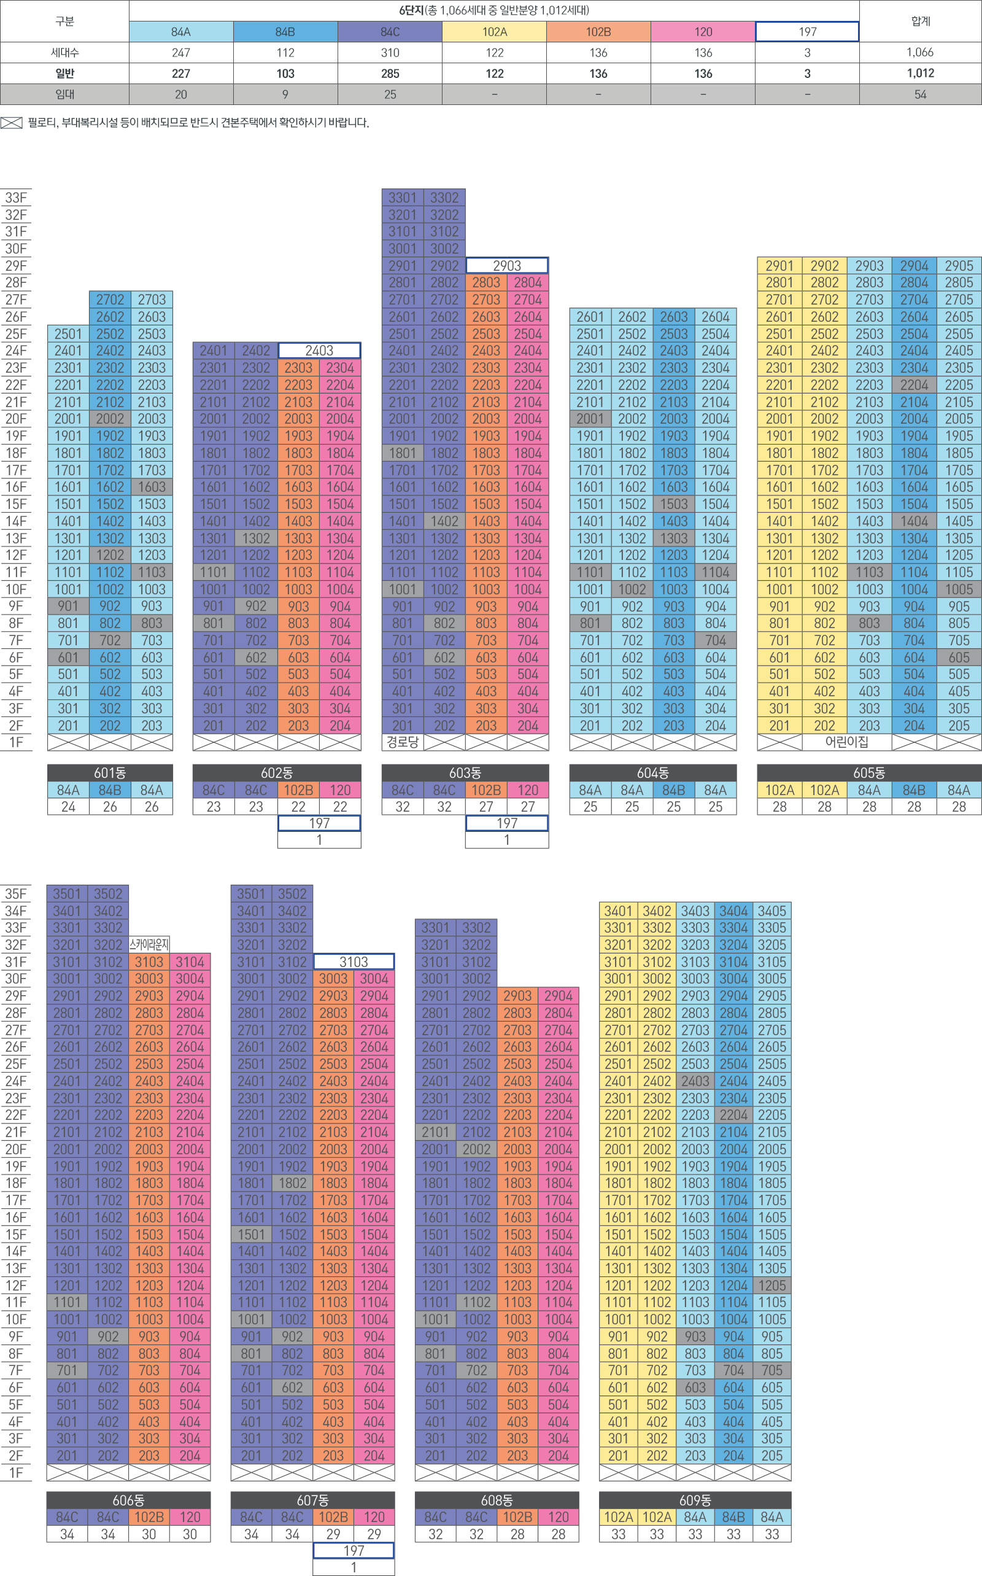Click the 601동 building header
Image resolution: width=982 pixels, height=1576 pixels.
[110, 772]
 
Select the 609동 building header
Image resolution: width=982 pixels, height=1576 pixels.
[694, 1500]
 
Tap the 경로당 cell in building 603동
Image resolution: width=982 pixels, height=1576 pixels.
[403, 742]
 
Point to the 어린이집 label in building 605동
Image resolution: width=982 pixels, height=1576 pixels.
[846, 742]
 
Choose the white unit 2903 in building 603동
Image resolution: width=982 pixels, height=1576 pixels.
[506, 266]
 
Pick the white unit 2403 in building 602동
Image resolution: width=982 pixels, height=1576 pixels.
[319, 351]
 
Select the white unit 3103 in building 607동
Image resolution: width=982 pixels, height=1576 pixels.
[354, 962]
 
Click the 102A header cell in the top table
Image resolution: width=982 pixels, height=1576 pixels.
[494, 32]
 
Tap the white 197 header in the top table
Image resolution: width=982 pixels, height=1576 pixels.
[806, 32]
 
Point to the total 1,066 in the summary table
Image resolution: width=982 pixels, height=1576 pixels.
[919, 53]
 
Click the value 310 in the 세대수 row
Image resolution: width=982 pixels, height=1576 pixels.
[390, 53]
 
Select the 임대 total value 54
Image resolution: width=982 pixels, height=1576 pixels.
[919, 94]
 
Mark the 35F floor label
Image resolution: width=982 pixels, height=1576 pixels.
[16, 894]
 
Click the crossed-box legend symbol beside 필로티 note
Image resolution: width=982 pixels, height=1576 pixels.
[12, 123]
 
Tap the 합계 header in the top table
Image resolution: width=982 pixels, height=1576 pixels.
[919, 21]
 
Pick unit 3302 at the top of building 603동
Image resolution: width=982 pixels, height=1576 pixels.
[444, 198]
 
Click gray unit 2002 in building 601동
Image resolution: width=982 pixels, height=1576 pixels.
[110, 419]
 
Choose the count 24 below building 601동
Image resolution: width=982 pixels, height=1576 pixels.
[68, 807]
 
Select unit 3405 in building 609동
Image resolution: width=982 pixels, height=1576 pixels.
[771, 910]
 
